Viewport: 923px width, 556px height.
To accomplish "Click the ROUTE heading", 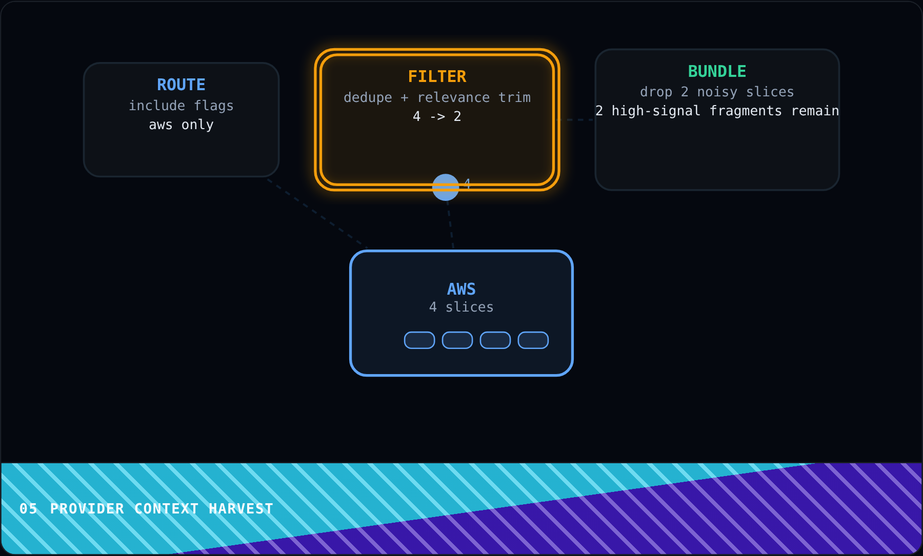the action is pos(181,85).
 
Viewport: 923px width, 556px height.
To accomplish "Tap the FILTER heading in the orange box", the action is pos(437,76).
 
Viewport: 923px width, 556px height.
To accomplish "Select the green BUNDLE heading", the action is pos(717,71).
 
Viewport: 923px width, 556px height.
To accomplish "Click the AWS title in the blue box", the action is pos(461,289).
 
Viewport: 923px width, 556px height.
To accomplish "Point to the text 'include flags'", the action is pos(181,106).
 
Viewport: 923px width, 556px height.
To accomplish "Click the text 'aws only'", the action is pos(181,125).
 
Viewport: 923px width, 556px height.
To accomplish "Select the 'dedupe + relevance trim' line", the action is pos(437,97).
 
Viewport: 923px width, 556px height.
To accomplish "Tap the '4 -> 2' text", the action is pos(437,116).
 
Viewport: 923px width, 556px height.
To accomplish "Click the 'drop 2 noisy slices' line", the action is pos(717,92).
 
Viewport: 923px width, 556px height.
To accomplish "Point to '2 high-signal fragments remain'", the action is pos(717,111).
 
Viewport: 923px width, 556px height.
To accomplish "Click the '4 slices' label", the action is pos(461,307).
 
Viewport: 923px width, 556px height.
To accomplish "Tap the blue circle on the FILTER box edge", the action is pos(446,188).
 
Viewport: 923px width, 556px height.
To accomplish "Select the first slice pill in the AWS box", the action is pos(419,340).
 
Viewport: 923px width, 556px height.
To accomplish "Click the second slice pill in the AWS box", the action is pos(457,340).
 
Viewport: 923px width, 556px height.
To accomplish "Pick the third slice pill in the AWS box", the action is pos(495,340).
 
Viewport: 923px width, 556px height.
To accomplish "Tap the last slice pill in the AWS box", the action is pos(533,340).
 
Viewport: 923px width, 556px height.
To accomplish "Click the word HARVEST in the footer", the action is pos(241,509).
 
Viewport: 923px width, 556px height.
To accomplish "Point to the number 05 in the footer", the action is pos(28,509).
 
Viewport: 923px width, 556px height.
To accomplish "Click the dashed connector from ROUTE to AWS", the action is pos(317,213).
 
